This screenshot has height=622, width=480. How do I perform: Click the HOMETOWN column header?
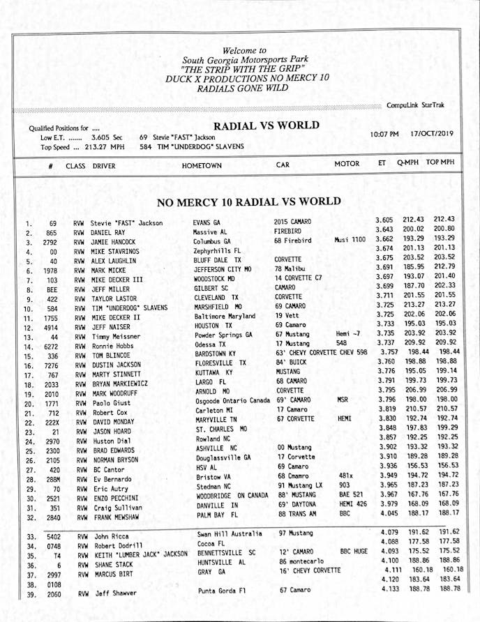(202, 165)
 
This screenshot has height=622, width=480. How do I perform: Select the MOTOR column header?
(347, 164)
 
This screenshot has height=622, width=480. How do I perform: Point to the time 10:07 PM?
(384, 134)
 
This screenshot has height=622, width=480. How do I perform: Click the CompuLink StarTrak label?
(415, 105)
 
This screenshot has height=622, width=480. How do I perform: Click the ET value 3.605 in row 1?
(389, 220)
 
